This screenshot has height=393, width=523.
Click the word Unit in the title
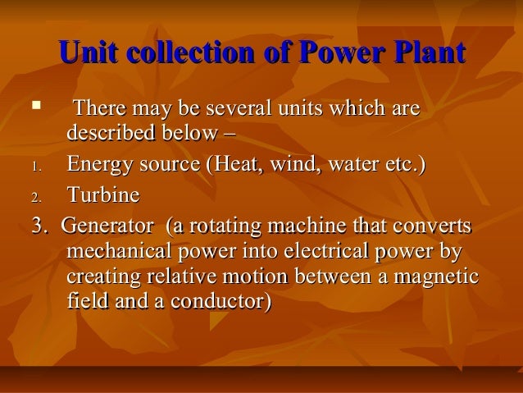click(89, 54)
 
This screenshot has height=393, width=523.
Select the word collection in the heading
click(193, 54)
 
